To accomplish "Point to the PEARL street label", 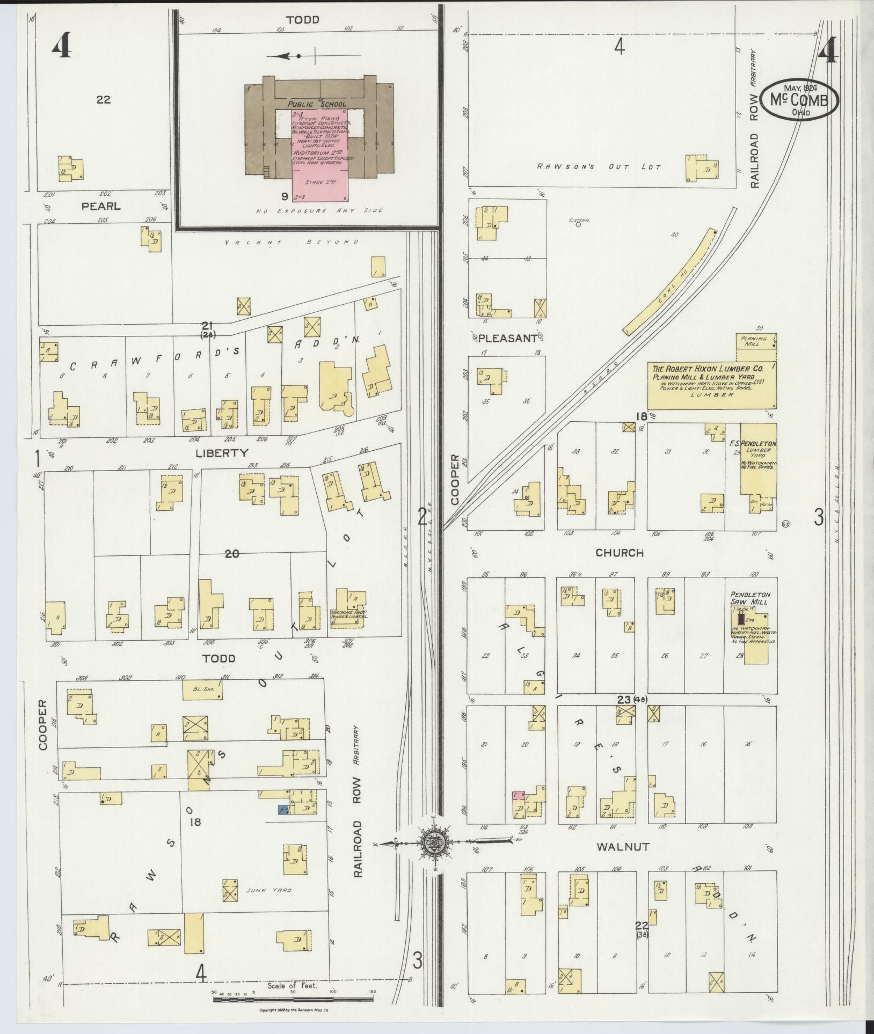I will pos(101,206).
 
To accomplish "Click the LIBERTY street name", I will pos(222,453).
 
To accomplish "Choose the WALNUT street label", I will pos(623,847).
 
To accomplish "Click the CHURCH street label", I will pos(620,552).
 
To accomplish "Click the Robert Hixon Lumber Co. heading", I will pos(707,369).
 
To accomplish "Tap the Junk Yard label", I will pos(276,890).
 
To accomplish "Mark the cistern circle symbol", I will pos(578,225).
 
